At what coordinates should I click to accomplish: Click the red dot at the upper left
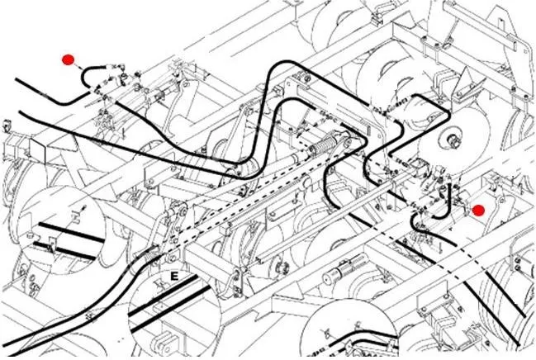click(69, 59)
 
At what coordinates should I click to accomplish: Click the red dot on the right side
click(477, 210)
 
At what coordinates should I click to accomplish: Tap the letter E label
click(174, 275)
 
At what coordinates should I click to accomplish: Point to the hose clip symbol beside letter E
click(157, 284)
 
